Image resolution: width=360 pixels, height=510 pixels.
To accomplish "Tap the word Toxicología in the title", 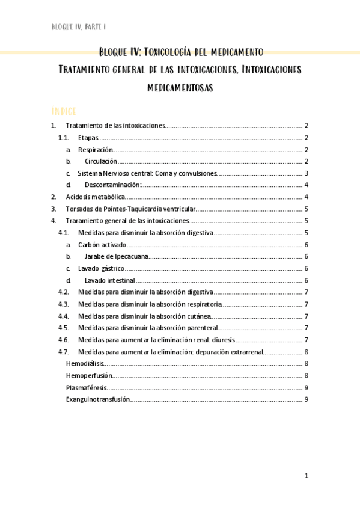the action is tap(180, 52).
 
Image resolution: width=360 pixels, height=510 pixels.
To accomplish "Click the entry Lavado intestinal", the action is tap(109, 280).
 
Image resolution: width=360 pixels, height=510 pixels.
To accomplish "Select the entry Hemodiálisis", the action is tap(85, 363).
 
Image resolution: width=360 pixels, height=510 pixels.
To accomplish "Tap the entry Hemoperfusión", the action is tap(88, 375).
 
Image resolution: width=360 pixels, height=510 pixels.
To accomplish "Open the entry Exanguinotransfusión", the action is tap(97, 399).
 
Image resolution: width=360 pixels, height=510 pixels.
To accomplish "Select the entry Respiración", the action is tap(95, 149).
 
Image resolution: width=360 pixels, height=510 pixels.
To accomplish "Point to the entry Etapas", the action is tap(88, 138).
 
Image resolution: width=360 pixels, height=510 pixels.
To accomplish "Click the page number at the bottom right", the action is tap(306, 476).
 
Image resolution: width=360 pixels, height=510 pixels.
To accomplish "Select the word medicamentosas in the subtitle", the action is tap(180, 88).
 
